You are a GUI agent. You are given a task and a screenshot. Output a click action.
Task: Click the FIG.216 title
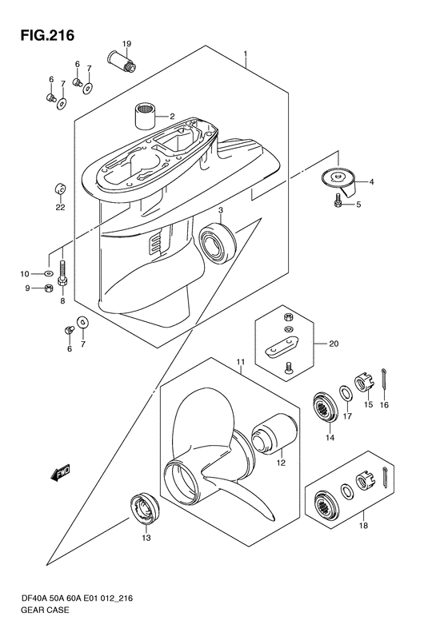point(48,35)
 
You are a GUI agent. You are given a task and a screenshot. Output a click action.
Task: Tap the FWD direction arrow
point(61,472)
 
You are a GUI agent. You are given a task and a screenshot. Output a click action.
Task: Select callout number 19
point(126,43)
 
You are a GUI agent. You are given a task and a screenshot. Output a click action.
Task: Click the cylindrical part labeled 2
point(146,116)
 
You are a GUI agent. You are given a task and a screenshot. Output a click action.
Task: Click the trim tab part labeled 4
point(340,181)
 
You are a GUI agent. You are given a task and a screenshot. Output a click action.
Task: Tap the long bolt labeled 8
point(63,274)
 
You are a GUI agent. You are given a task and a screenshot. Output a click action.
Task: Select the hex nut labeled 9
point(48,288)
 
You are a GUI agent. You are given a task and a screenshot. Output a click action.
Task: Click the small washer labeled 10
point(49,274)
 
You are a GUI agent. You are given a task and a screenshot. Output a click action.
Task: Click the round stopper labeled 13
point(144,508)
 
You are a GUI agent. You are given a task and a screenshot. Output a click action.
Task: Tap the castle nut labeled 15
point(366,384)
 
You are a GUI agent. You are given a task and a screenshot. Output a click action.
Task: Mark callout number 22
point(61,208)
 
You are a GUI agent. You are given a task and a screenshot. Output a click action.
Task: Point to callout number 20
point(334,344)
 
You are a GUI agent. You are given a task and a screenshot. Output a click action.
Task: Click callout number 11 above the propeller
point(241,362)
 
